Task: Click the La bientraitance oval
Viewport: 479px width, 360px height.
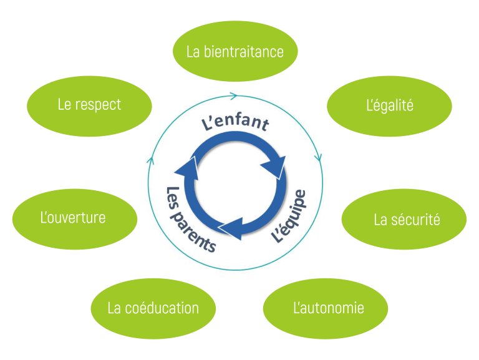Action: [x=235, y=51]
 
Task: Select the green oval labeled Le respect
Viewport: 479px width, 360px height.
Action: [x=90, y=105]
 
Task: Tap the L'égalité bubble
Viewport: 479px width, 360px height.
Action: [x=389, y=105]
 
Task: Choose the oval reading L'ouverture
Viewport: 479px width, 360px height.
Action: [x=74, y=218]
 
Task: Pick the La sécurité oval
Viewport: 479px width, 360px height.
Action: [x=404, y=220]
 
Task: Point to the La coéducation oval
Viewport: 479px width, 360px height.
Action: [x=153, y=308]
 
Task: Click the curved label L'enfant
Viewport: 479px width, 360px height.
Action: [x=235, y=122]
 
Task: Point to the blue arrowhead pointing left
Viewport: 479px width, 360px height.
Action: [x=230, y=227]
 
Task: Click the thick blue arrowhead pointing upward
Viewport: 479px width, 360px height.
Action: [x=186, y=167]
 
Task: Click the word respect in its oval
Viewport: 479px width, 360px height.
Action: [x=98, y=105]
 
